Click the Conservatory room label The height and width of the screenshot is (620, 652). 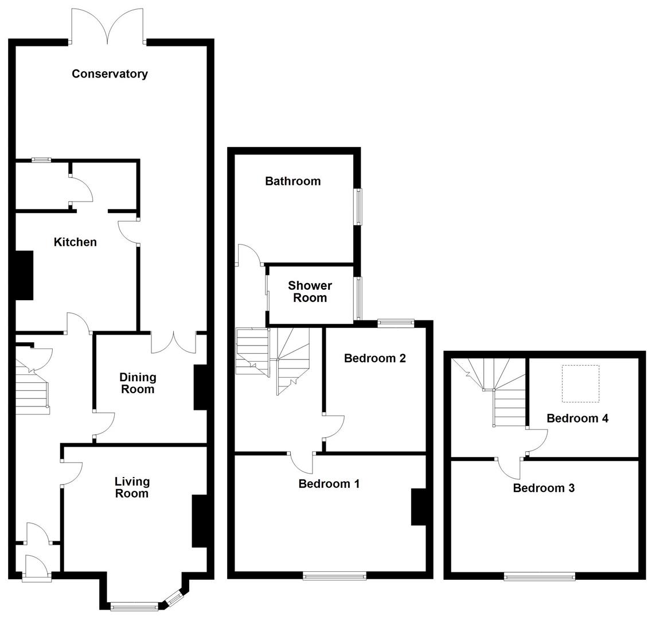point(110,73)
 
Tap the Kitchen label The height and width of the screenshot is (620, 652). point(75,242)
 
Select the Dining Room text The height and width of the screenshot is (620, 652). point(138,383)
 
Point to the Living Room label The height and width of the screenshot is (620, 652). point(131,487)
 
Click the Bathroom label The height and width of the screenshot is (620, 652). point(292,181)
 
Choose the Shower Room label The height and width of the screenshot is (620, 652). point(310,292)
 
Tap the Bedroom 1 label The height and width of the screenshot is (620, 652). point(329,483)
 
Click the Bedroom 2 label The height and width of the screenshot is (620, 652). point(374,358)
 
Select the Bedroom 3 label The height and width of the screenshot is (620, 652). point(543,488)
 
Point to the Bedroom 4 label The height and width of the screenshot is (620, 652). point(577,418)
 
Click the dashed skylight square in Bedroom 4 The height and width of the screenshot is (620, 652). point(580,383)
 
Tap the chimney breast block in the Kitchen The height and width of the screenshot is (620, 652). point(24,276)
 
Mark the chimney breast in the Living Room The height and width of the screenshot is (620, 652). point(198,521)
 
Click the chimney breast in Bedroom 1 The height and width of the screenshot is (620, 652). point(418,507)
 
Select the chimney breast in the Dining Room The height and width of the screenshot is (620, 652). point(200,387)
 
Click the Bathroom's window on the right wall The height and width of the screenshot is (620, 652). point(358,207)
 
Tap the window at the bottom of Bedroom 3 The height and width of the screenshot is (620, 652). point(539,576)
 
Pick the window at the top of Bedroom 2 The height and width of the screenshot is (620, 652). point(396,324)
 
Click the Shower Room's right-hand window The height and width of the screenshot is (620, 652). point(358,298)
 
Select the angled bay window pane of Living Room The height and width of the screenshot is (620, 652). point(172,598)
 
